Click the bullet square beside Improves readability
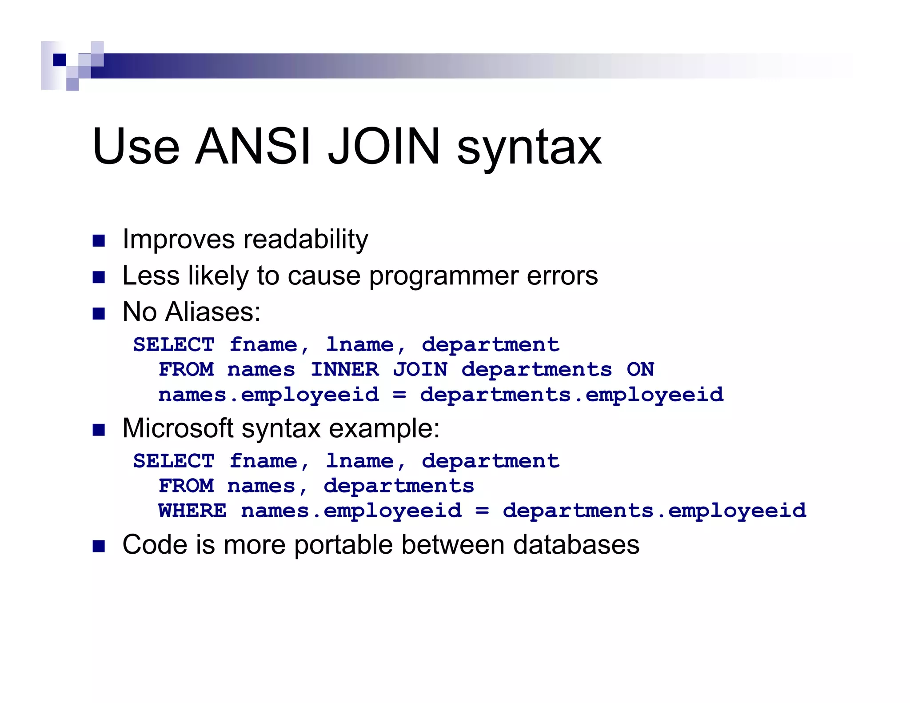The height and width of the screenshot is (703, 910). click(x=99, y=241)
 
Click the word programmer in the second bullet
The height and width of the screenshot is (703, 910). click(x=443, y=276)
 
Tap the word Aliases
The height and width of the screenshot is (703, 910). click(x=213, y=312)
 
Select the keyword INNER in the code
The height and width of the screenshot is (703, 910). click(x=345, y=370)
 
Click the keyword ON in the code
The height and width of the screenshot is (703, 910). click(x=640, y=370)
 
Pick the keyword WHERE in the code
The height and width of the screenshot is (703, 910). click(x=192, y=511)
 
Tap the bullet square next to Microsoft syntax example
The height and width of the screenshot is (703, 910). click(x=99, y=430)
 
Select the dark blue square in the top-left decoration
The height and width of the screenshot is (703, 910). click(x=60, y=60)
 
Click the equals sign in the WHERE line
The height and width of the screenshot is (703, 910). click(x=482, y=511)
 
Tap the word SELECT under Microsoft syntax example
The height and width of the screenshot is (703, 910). click(x=174, y=461)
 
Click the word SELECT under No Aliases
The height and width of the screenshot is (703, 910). click(x=174, y=345)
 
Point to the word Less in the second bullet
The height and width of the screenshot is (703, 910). click(x=151, y=276)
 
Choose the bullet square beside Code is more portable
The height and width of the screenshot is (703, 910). click(x=99, y=546)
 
